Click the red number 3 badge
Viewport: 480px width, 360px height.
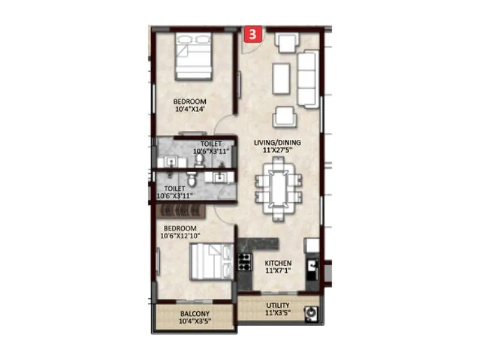pos(253,35)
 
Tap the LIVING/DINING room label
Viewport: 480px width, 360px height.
pos(278,143)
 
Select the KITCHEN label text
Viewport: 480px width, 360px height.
pos(278,263)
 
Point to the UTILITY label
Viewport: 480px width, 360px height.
pos(278,305)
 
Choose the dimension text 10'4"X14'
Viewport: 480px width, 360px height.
pos(190,110)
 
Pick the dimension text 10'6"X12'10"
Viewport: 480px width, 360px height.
pos(180,236)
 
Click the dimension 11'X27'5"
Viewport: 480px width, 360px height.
pos(278,151)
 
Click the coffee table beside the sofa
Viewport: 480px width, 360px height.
pos(281,78)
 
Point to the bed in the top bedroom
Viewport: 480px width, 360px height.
pos(194,56)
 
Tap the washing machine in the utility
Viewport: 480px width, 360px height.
pos(311,312)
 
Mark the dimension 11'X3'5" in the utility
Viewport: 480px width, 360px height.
pos(278,313)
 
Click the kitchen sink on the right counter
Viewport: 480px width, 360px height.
pos(312,265)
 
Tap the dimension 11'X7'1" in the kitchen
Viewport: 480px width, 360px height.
pos(278,271)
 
